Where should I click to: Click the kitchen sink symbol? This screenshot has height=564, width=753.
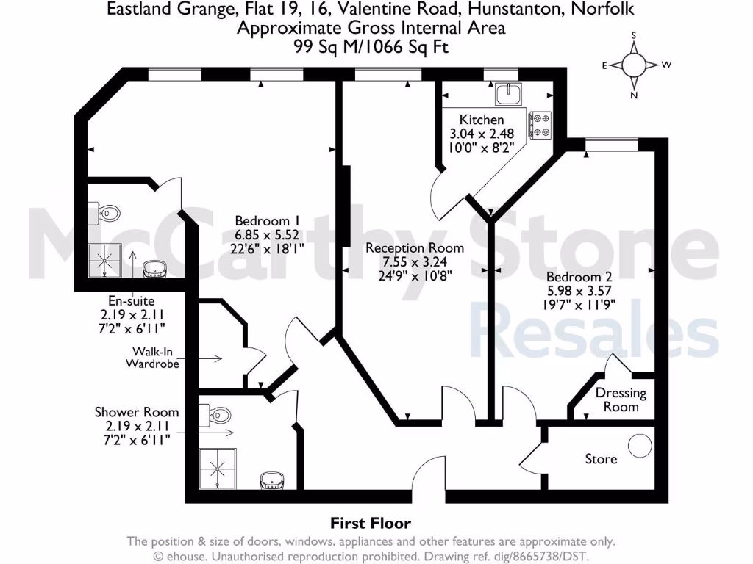pos(509,94)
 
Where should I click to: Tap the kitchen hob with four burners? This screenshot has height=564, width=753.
pos(540,125)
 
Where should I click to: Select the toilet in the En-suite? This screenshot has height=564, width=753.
pos(107,213)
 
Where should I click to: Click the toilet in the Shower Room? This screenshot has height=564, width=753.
pos(217,416)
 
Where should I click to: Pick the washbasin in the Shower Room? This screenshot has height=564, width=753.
pos(273,481)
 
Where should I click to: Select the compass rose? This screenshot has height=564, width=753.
pos(634,65)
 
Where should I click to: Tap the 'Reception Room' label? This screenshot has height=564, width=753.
pos(407,248)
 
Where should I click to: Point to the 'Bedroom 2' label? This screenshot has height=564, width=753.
pos(579,277)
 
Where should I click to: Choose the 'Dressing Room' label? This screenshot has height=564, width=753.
pos(621,399)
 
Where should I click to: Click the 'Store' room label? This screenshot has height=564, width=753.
pos(601,459)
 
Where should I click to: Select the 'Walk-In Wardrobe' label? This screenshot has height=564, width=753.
pos(153,358)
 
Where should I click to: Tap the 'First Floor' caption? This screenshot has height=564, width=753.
pos(370,523)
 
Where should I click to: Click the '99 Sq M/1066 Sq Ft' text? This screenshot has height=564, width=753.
pos(371,46)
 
